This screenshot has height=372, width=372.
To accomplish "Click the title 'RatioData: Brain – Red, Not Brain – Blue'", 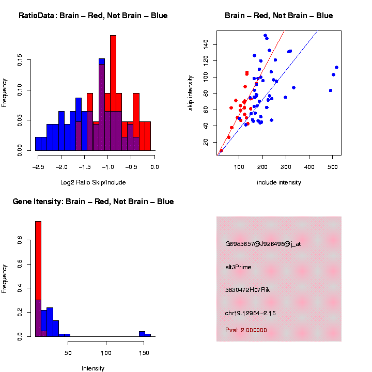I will click(x=93, y=16).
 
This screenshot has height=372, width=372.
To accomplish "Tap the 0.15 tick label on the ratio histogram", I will click(x=20, y=61).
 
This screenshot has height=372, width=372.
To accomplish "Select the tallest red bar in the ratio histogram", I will click(x=113, y=93).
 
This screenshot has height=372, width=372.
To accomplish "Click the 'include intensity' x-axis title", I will click(x=279, y=182).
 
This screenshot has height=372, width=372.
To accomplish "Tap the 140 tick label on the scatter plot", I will click(x=205, y=45).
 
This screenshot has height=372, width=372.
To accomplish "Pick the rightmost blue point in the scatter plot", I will click(x=336, y=67).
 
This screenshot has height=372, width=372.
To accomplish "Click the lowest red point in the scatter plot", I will click(x=222, y=150).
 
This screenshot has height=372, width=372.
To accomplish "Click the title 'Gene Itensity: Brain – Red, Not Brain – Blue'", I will click(x=94, y=202).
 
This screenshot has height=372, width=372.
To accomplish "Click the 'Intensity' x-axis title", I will click(x=93, y=368).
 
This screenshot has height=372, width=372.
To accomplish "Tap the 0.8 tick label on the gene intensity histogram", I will click(x=20, y=240).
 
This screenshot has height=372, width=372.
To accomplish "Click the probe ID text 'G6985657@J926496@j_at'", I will click(x=263, y=244).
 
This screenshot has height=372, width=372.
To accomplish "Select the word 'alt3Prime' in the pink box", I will click(x=238, y=267).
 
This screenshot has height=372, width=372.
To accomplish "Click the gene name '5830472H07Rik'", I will click(x=247, y=290).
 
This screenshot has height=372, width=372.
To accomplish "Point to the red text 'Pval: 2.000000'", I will click(x=246, y=330).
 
